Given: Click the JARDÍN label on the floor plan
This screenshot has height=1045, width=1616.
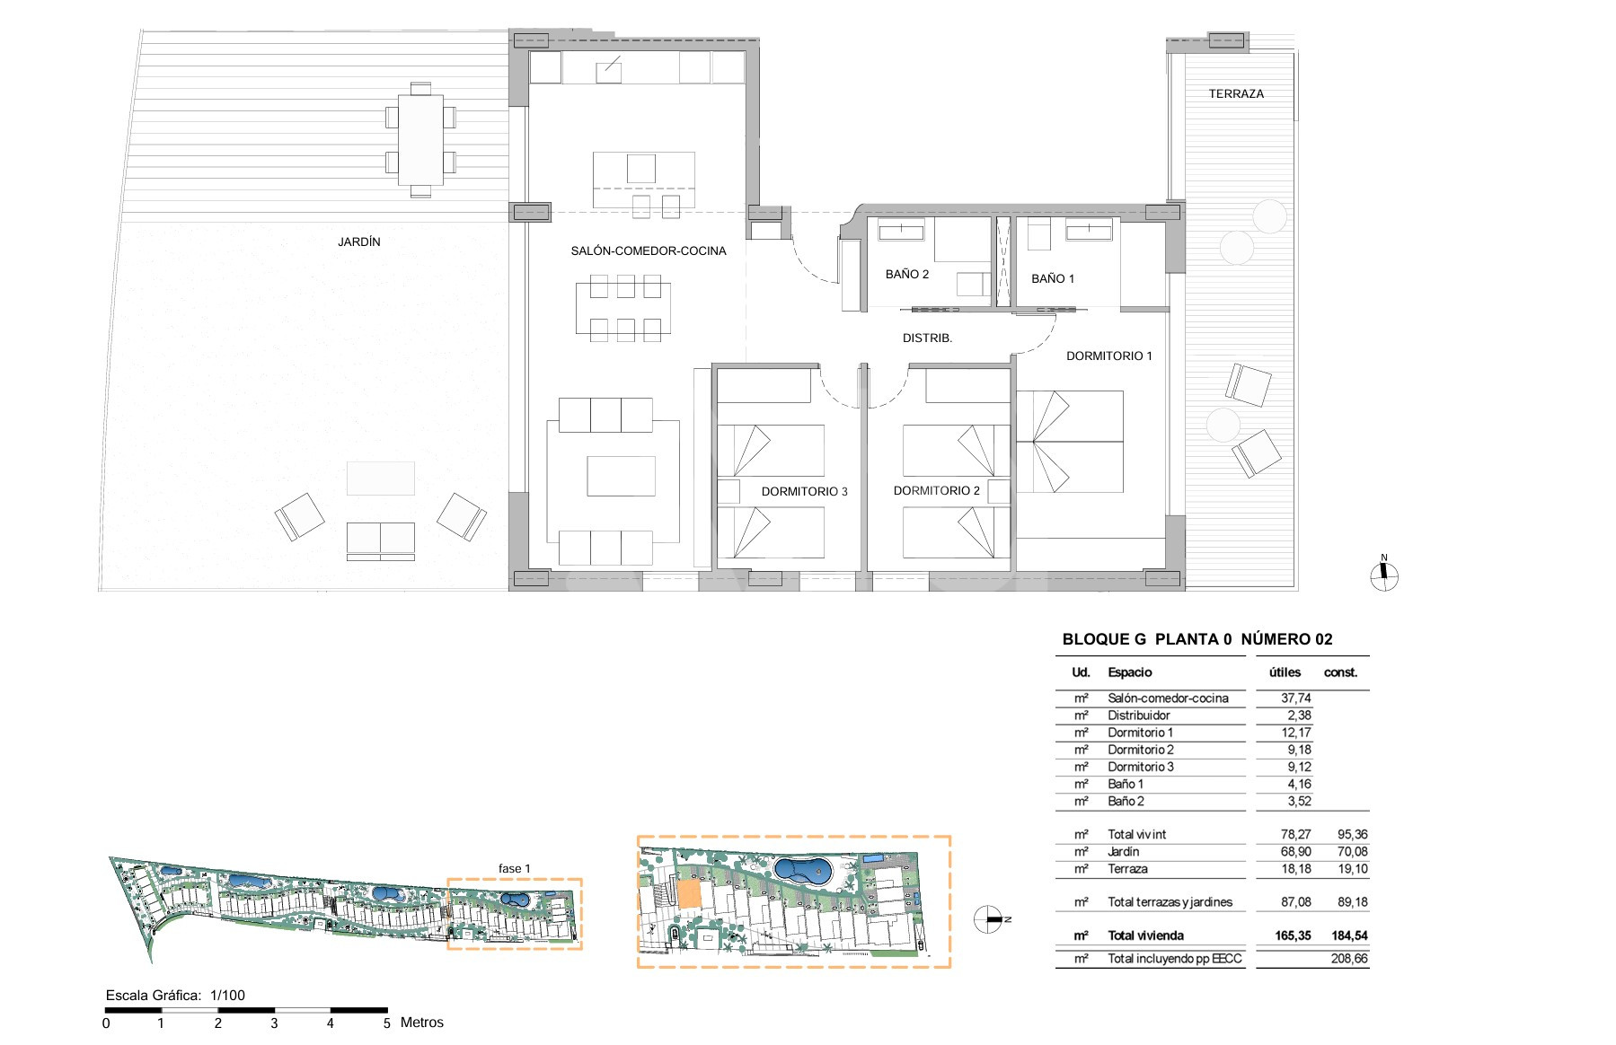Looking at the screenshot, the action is click(x=359, y=241).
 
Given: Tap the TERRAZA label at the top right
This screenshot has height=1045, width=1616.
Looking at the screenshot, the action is click(x=1236, y=93).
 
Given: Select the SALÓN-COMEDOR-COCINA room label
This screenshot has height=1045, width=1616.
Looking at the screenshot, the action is click(x=649, y=250).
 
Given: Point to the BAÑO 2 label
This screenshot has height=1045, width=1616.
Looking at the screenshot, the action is click(x=907, y=274).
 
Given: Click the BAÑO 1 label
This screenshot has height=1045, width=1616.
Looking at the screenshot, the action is click(x=1053, y=278).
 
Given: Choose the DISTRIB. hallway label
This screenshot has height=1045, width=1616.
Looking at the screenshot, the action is click(x=927, y=338).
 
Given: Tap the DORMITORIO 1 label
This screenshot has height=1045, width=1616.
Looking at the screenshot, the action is click(x=1109, y=356).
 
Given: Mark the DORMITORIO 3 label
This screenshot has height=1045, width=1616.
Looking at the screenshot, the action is click(x=804, y=491).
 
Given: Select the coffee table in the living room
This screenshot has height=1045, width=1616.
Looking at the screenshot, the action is click(x=622, y=476).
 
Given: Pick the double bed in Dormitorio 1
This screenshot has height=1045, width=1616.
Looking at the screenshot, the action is click(x=1070, y=441).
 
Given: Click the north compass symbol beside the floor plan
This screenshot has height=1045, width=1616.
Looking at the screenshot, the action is click(x=1384, y=575).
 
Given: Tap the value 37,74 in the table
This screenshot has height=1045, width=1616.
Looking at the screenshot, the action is click(x=1296, y=698).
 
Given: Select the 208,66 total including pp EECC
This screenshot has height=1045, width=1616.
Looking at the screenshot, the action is click(x=1349, y=958).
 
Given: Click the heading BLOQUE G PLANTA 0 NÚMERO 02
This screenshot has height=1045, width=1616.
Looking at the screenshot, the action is click(x=1197, y=639).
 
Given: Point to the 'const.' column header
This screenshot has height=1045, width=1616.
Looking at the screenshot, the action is click(x=1341, y=672).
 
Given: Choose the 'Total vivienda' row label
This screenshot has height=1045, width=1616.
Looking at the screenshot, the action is click(x=1146, y=935).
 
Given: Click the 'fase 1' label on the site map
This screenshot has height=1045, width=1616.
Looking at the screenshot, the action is click(x=515, y=868).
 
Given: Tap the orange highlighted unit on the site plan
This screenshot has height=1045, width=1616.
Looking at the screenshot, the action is click(x=688, y=893).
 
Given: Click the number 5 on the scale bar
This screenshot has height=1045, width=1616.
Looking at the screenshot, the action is click(x=387, y=1023).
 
